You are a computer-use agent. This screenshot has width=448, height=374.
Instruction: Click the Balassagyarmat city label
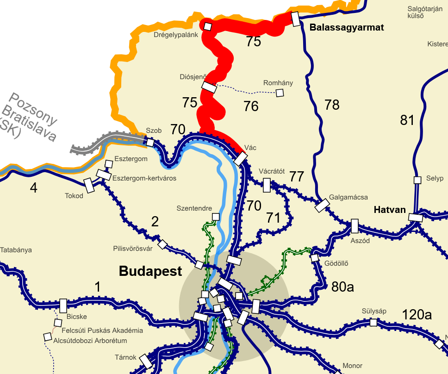(x=347, y=28)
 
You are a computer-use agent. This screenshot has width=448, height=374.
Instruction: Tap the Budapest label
(x=150, y=271)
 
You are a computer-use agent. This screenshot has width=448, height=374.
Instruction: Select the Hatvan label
(x=390, y=210)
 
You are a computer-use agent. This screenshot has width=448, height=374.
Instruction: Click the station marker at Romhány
(x=280, y=93)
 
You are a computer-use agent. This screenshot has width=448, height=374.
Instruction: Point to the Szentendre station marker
(x=215, y=217)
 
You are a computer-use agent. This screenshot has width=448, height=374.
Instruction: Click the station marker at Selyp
(x=417, y=180)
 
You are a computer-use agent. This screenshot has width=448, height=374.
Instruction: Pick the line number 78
(x=332, y=105)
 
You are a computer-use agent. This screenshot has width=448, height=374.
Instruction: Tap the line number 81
(x=407, y=120)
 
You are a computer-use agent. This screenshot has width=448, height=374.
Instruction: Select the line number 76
(x=251, y=106)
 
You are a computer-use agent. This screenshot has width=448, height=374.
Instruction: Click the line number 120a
(x=417, y=315)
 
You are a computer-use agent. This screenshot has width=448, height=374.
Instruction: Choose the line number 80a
(x=342, y=287)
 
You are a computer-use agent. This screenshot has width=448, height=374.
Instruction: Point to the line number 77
(x=297, y=176)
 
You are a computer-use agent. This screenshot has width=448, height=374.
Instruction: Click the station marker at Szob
(x=150, y=142)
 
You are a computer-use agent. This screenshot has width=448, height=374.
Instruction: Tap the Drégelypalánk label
(x=176, y=35)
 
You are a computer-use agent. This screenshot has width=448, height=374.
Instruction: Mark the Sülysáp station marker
(x=373, y=322)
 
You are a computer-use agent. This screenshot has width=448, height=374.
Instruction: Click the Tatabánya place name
(x=16, y=250)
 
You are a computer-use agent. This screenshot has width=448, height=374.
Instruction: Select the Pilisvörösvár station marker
(x=162, y=244)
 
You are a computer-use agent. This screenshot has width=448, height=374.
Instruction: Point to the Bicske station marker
(x=63, y=305)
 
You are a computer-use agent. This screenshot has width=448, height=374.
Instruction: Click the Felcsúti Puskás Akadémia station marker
(x=58, y=322)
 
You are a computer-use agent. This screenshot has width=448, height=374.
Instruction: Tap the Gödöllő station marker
(x=315, y=258)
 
